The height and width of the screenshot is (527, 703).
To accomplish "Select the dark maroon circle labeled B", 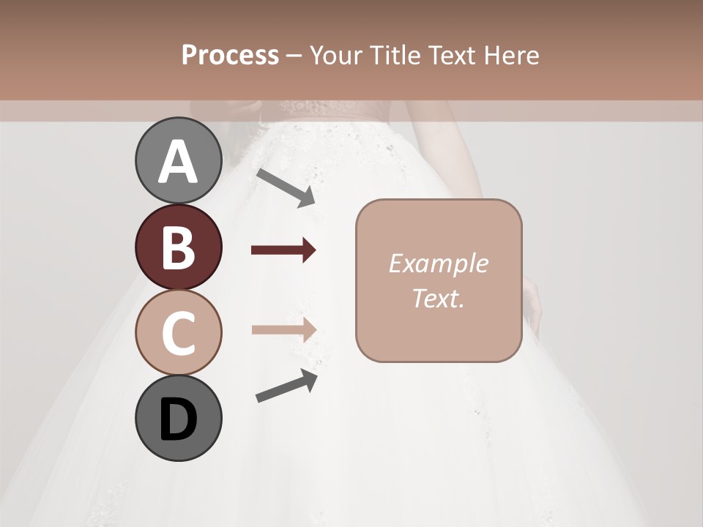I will (x=178, y=247).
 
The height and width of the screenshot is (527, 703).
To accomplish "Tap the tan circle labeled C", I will (x=178, y=332).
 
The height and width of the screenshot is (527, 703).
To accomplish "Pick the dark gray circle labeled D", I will (x=178, y=418).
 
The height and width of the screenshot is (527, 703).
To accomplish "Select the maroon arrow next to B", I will (x=283, y=251).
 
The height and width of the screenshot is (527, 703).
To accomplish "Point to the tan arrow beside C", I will (x=283, y=329).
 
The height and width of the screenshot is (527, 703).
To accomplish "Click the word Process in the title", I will (x=230, y=55).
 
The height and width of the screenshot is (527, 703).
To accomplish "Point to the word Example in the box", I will (x=438, y=263).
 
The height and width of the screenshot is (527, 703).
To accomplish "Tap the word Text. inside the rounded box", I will (x=438, y=298).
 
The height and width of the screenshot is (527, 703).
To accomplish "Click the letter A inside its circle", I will (x=178, y=162).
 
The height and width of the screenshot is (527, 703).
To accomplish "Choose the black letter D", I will (x=178, y=420).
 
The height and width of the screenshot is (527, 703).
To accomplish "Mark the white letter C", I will (x=178, y=334).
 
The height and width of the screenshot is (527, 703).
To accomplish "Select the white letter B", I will (x=178, y=248).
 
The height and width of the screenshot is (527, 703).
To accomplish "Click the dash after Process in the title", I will (x=294, y=56).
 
